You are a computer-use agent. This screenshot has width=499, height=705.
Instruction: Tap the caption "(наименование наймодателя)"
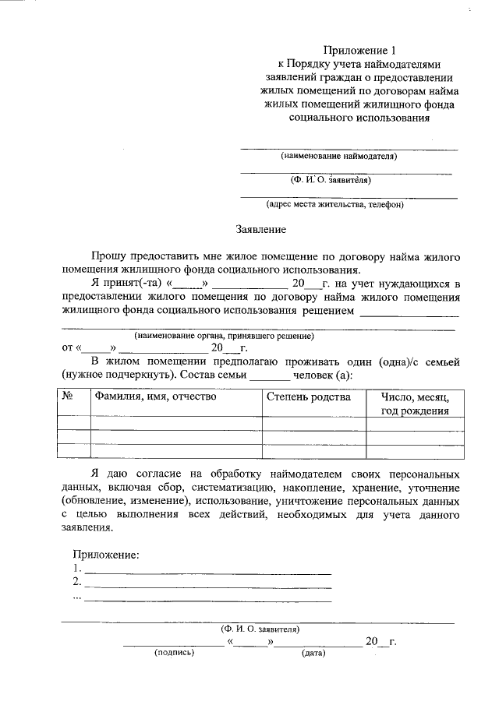coord(339,156)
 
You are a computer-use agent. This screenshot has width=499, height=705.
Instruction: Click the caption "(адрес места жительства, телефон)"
coord(334,205)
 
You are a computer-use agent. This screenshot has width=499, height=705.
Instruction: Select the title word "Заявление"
coord(261,230)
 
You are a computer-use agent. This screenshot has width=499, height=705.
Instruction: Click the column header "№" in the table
coord(67,397)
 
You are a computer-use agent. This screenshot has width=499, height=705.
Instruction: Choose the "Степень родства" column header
coord(309,397)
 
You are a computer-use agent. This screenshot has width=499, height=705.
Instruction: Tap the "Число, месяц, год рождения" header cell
coord(414,404)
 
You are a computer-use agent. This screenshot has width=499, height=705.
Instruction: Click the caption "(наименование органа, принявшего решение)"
coord(224,336)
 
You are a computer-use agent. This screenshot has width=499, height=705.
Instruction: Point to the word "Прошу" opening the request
coord(108,256)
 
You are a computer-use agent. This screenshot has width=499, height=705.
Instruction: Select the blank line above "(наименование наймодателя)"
coord(348,147)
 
